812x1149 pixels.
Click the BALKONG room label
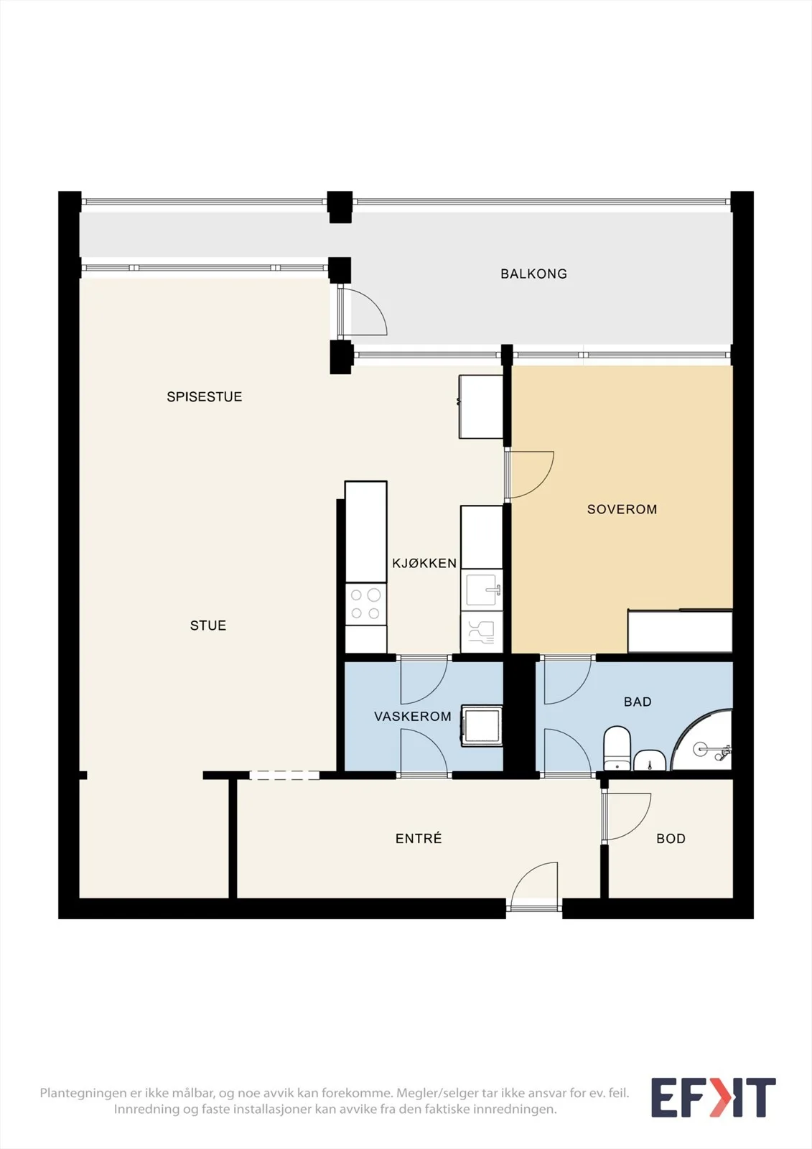click(x=533, y=274)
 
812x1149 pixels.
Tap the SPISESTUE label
click(x=204, y=396)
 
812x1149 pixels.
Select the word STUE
click(x=207, y=625)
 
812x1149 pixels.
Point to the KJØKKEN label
click(x=424, y=563)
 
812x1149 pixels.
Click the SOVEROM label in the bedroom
click(x=622, y=509)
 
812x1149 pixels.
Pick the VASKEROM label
click(x=412, y=717)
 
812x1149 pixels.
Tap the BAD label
click(x=638, y=702)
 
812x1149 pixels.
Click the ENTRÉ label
click(x=419, y=838)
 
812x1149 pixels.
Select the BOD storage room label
click(x=671, y=839)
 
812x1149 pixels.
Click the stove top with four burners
click(x=365, y=604)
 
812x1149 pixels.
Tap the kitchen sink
click(x=482, y=590)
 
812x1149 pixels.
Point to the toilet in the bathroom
click(x=617, y=748)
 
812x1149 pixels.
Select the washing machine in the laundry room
click(x=482, y=725)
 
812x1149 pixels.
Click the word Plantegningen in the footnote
click(x=83, y=1093)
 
